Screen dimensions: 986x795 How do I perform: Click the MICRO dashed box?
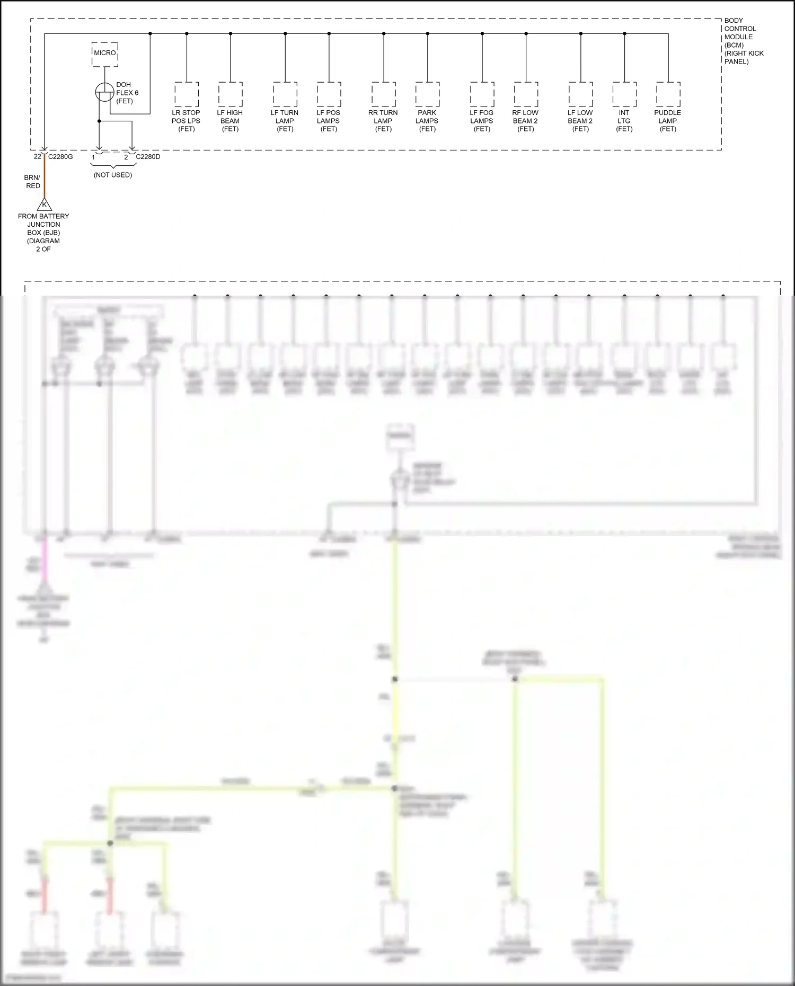point(105,54)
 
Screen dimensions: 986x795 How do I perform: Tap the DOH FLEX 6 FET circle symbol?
point(104,92)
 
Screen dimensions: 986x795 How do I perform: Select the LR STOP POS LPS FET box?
point(187,95)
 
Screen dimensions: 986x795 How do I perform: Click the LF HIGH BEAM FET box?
point(230,95)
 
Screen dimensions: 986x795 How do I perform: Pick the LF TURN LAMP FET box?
point(285,95)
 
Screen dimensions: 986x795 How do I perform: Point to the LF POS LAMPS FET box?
point(329,95)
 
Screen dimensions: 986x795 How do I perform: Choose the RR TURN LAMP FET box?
point(384,95)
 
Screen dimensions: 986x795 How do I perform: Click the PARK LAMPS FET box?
point(427,95)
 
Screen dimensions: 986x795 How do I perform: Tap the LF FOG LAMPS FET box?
point(482,95)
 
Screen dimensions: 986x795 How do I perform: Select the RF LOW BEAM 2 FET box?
point(526,95)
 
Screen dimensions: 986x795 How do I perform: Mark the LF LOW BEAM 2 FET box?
point(581,95)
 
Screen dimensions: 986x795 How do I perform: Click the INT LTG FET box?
point(624,95)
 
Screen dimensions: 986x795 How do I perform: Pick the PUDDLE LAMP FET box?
point(668,95)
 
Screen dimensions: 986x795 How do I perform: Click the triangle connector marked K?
point(44,205)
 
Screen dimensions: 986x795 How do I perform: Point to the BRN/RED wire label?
point(32,182)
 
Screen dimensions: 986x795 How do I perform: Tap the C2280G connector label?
point(60,157)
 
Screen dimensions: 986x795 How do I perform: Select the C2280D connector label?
point(148,157)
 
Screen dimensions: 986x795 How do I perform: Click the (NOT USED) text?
point(113,175)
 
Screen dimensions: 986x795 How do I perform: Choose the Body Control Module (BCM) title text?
point(744,41)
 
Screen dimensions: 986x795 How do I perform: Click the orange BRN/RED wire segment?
point(44,177)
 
